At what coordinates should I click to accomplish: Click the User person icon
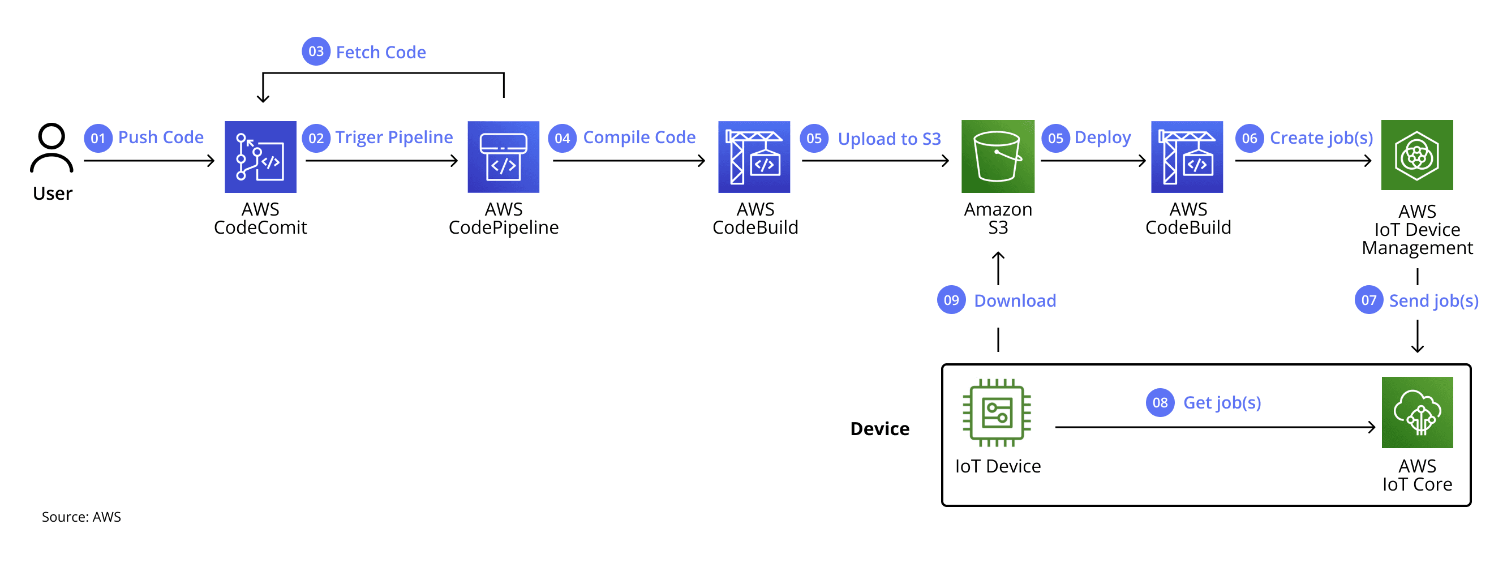51,148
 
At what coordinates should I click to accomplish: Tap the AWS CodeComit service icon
260,157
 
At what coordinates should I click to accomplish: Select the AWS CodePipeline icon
503,157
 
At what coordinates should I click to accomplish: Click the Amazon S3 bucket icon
998,156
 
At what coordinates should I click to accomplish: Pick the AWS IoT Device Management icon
1416,155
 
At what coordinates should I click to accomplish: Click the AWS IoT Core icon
1417,412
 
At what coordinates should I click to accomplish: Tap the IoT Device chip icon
997,412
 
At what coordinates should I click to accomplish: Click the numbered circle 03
316,51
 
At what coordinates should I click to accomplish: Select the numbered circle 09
951,300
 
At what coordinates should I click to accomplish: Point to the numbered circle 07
1368,300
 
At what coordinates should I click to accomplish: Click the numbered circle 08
1160,403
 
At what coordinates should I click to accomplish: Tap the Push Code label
161,137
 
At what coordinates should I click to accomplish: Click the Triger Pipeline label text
394,137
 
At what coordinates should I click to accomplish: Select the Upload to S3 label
888,139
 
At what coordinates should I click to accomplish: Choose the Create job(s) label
1321,138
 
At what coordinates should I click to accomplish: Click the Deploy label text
1102,137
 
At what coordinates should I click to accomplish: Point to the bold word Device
879,428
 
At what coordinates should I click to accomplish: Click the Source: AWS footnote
81,517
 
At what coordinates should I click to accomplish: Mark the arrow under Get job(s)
1214,427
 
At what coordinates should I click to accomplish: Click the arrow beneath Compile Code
629,160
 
